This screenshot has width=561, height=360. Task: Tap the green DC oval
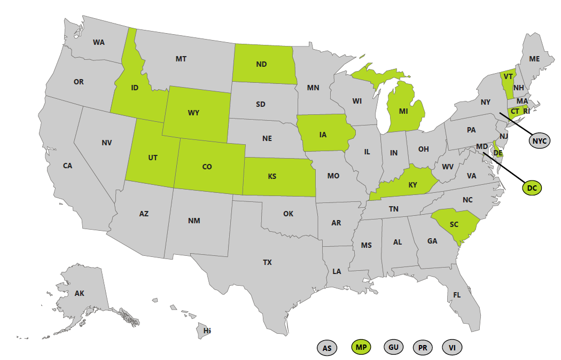coord(531,187)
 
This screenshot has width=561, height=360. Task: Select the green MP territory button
coord(361,348)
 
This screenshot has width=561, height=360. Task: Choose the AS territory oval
coord(327,348)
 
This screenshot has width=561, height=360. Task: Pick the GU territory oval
coord(393,347)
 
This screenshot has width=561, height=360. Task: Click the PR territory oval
coord(423,348)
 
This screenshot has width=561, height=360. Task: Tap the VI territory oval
coord(452,348)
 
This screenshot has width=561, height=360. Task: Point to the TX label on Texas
coord(267,262)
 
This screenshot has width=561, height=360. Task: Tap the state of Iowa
coord(323,135)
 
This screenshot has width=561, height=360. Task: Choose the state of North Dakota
coord(262,64)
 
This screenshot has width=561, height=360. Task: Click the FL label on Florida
coord(457,295)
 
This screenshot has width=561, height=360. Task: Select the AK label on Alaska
coord(80,293)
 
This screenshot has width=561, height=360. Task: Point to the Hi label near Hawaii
coord(207,331)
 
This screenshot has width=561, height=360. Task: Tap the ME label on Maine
coord(534,59)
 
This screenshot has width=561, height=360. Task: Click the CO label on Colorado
coord(207,167)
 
